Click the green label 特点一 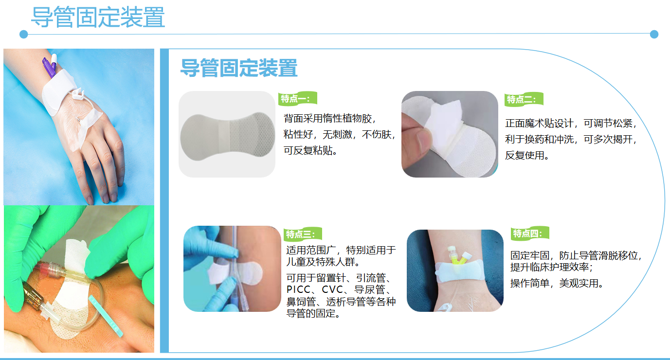pos(297,98)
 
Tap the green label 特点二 pos(524,99)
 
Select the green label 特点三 pos(303,234)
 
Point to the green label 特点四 pos(530,233)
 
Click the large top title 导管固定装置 pos(98,17)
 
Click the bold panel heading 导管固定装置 pos(239,68)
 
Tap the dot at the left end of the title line pos(24,34)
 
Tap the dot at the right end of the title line pos(654,34)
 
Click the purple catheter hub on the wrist pos(49,66)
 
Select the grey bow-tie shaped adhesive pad pos(227,136)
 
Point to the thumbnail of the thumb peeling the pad pos(450,134)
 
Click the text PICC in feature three pos(299,289)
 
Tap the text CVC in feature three pos(332,289)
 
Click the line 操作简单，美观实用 pos(557,283)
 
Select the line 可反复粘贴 pos(310,150)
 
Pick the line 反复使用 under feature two pos(527,155)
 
